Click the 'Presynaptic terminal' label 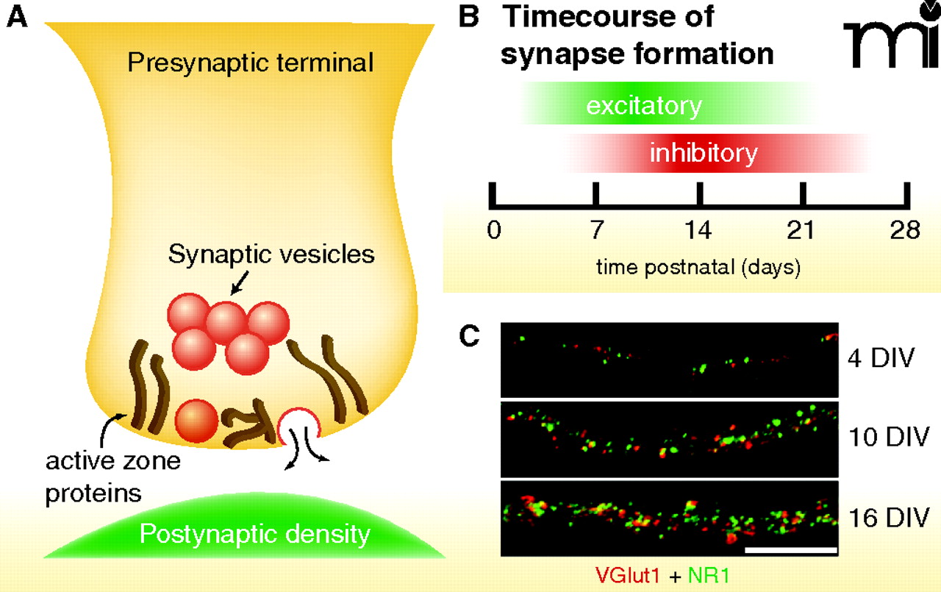click(250, 63)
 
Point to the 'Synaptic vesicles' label click(271, 254)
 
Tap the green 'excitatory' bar click(644, 106)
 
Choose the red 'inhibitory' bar click(703, 154)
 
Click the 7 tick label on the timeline click(596, 230)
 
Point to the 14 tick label click(699, 230)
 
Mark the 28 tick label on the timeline click(904, 230)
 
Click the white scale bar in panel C click(791, 549)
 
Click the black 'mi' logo click(889, 40)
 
